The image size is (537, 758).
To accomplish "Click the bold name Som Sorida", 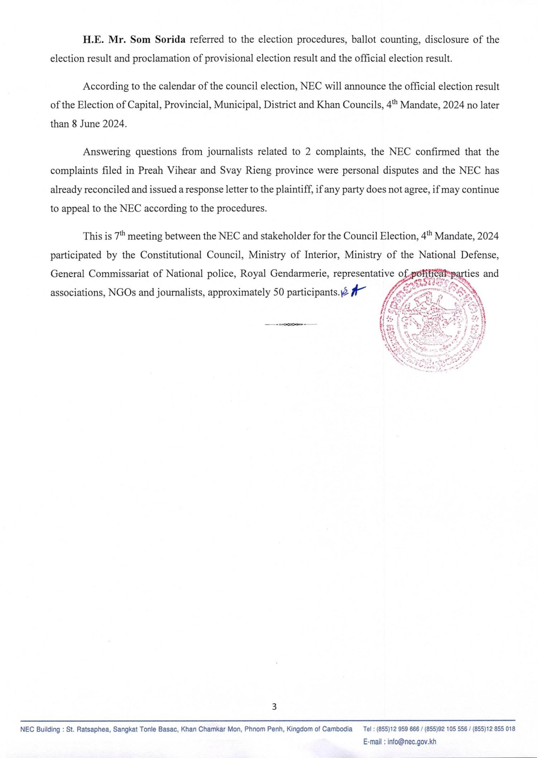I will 158,40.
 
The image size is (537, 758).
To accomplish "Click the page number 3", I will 274,706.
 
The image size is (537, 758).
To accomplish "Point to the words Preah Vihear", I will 168,171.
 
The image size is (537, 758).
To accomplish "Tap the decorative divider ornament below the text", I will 291,324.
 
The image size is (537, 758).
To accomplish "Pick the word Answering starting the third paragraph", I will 107,152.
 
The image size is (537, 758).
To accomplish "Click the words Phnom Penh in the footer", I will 260,729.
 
